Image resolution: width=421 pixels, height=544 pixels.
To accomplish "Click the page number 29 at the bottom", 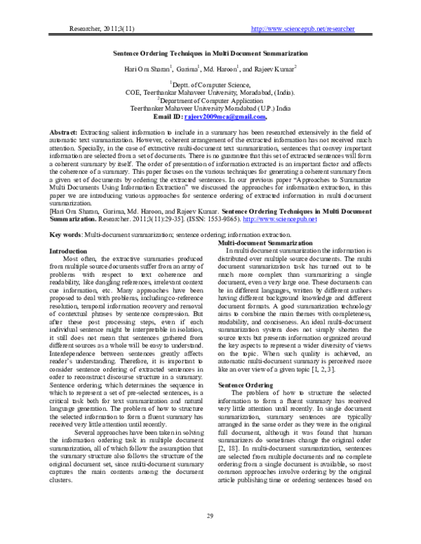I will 210,517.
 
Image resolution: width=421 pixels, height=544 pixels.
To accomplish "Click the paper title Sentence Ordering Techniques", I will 210,53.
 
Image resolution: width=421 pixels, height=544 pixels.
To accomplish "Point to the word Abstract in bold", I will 65,132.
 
